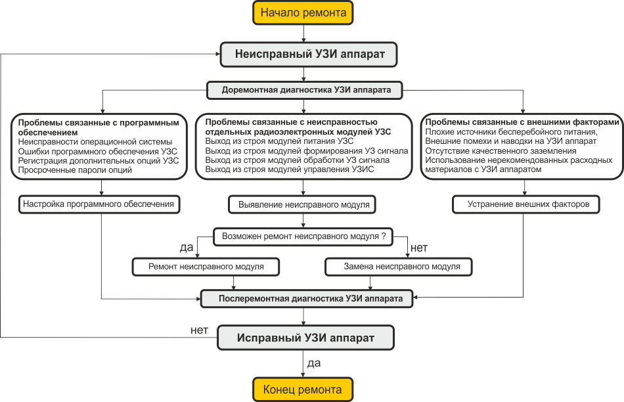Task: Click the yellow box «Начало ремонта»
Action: (303, 12)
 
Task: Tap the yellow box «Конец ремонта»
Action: (303, 390)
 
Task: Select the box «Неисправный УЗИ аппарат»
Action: (309, 54)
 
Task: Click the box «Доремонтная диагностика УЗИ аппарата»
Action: (305, 90)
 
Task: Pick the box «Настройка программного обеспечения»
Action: (99, 204)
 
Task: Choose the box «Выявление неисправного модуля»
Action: (302, 204)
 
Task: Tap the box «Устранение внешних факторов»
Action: (526, 204)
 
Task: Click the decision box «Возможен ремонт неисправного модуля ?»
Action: (303, 236)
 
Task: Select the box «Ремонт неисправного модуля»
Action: (206, 267)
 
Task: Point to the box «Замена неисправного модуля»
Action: (399, 267)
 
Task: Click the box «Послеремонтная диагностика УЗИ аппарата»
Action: (307, 298)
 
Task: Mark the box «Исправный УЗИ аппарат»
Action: (305, 338)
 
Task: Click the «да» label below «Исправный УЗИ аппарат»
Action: (314, 363)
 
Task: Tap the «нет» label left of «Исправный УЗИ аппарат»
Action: (199, 330)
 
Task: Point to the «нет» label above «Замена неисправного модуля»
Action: (419, 248)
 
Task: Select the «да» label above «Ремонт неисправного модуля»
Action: (187, 248)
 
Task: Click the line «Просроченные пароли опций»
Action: (75, 170)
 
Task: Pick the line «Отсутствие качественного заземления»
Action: (501, 151)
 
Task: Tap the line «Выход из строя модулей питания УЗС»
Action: (279, 141)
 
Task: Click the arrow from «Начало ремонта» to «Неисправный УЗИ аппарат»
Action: (303, 33)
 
